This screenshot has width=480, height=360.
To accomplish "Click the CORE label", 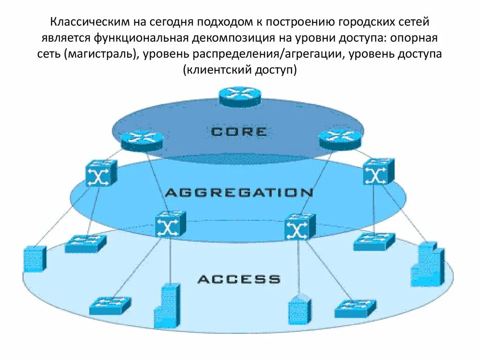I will tap(239, 132).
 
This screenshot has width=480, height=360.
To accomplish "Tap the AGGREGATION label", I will tap(239, 193).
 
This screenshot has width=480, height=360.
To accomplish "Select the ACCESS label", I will tap(239, 280).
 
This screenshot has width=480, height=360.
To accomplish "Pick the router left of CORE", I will tap(142, 140).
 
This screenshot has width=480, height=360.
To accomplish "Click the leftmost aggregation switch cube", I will tap(101, 173).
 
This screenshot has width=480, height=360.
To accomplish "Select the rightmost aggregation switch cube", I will tap(378, 172).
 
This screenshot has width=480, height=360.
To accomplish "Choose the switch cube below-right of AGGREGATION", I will tap(300, 226).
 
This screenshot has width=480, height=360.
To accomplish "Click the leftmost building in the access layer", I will tap(34, 258).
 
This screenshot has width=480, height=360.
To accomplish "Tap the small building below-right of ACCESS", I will tap(300, 309).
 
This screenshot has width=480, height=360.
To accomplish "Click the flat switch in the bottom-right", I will tap(355, 308).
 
